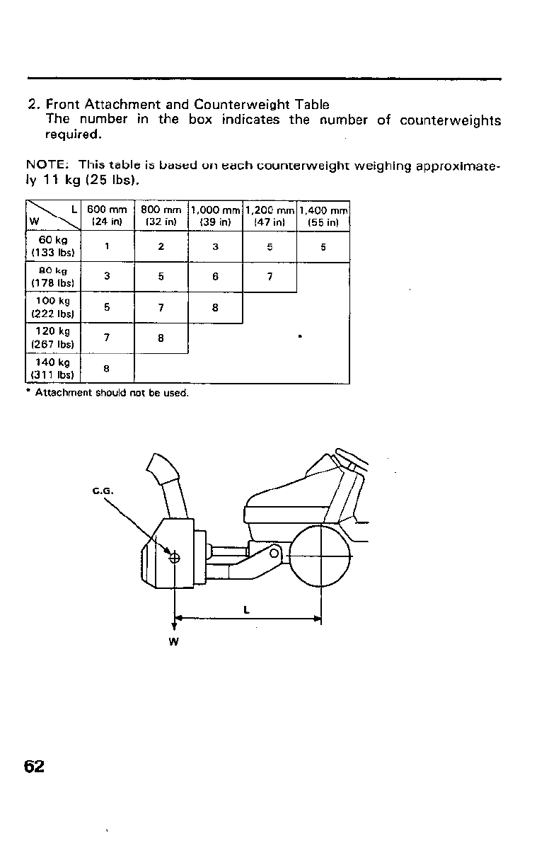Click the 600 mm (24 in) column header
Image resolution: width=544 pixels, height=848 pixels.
(x=106, y=216)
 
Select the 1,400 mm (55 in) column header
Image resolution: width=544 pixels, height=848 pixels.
(x=323, y=216)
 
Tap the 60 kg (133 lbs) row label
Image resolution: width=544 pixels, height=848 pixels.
(x=53, y=247)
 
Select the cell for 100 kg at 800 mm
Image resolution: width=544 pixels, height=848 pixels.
(x=161, y=307)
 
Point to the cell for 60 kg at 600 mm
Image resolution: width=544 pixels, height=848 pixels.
(x=106, y=247)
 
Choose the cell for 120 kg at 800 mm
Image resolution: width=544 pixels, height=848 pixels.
(x=161, y=338)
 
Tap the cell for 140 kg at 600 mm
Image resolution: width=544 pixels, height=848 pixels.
(x=106, y=368)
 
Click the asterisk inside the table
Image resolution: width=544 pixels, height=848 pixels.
(x=301, y=337)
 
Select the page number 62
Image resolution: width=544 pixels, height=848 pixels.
(x=34, y=767)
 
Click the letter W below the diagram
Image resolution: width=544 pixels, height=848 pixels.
(x=173, y=641)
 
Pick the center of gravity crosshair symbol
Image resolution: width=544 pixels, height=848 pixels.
(x=174, y=558)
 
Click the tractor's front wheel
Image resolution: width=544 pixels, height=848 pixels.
(x=321, y=556)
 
